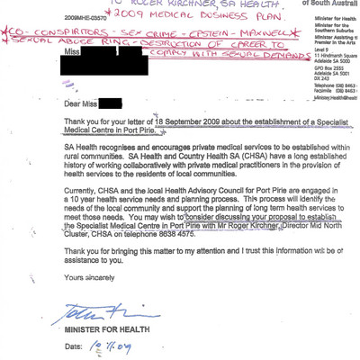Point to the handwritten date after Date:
pos(112,345)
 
